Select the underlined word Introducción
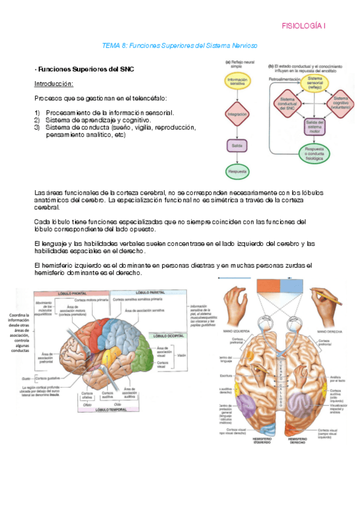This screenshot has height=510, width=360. pyautogui.click(x=54, y=84)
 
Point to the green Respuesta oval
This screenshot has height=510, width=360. pyautogui.click(x=237, y=171)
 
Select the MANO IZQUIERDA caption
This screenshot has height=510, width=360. pyautogui.click(x=231, y=331)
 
